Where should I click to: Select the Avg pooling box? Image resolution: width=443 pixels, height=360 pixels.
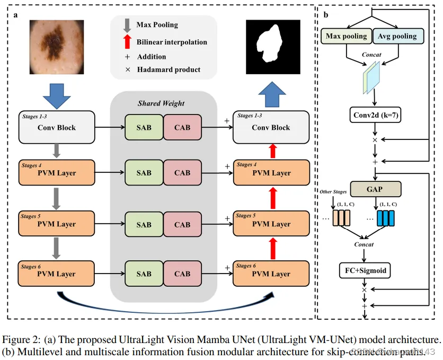pos(397,36)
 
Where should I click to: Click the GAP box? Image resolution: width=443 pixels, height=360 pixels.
pos(375,189)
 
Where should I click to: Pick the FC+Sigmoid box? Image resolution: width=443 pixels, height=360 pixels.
pos(364,270)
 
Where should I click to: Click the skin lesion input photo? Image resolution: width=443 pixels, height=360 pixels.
pos(57,47)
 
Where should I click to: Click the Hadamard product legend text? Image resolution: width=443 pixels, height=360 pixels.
pos(169,69)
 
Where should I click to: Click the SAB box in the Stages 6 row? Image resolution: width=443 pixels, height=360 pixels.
pos(144,274)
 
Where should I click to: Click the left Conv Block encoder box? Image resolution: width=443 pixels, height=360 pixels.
pos(56,127)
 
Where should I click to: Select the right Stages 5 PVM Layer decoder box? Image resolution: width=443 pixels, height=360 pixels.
pos(271,223)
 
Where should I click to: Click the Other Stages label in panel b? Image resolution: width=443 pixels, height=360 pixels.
pos(332,191)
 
